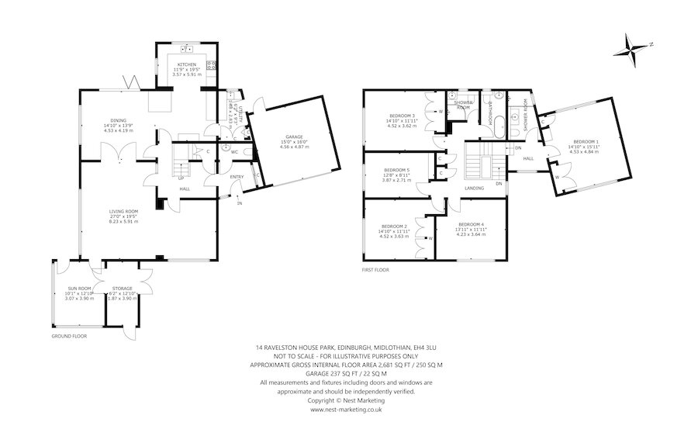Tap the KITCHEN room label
(187, 64)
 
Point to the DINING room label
(119, 120)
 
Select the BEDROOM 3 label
(401, 116)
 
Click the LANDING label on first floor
(475, 187)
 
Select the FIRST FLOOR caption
(375, 270)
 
